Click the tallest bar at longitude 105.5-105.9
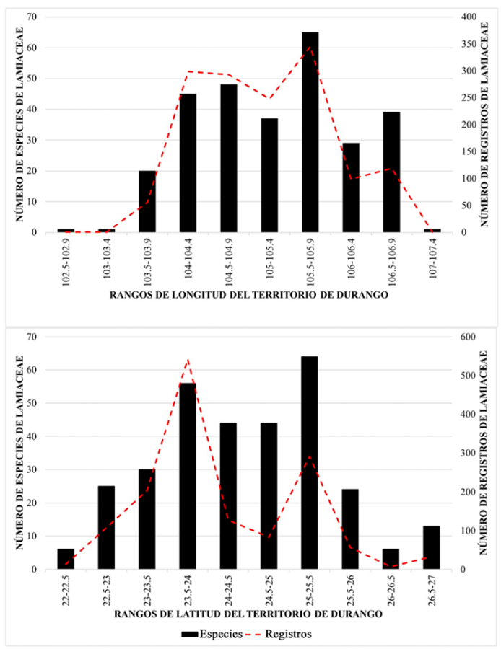[x=310, y=133]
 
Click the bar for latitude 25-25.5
[x=310, y=463]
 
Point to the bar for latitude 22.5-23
[x=106, y=528]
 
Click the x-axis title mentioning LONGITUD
[x=250, y=296]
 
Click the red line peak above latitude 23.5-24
[x=188, y=359]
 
